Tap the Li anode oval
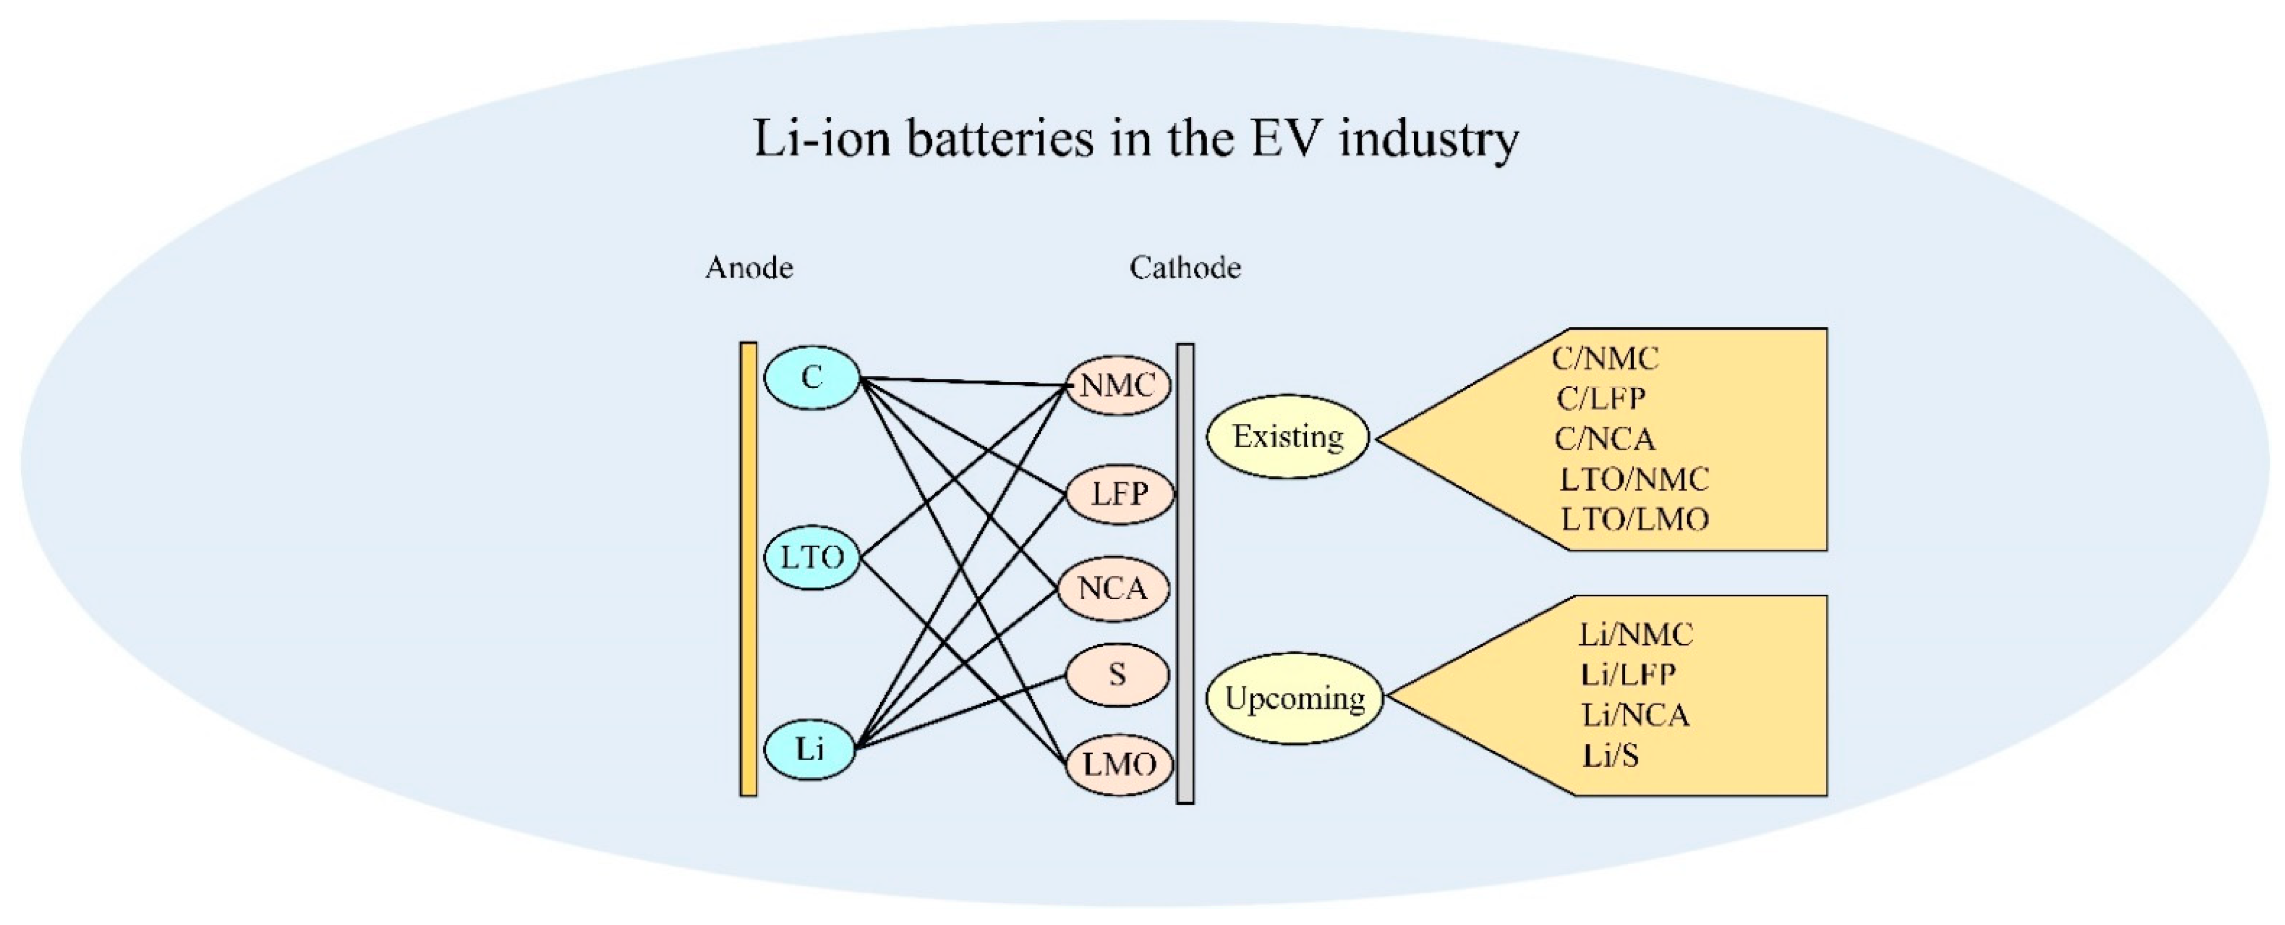(810, 750)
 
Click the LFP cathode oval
(1119, 493)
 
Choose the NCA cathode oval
(1113, 588)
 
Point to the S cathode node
(1117, 675)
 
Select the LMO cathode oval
(1119, 763)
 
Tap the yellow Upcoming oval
(1294, 698)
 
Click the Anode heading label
(749, 268)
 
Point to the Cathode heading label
(1184, 268)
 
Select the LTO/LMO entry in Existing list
(1634, 520)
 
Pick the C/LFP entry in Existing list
(1600, 399)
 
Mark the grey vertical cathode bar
(1185, 574)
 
